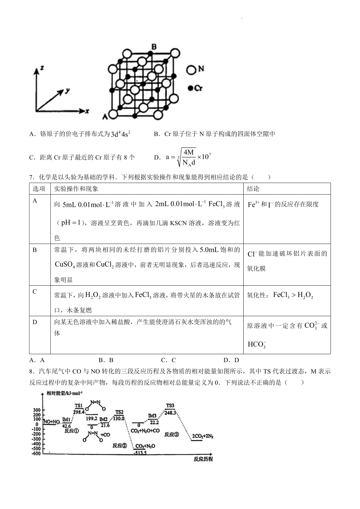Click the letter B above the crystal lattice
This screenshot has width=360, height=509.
pos(154,46)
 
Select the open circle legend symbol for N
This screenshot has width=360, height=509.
pos(191,70)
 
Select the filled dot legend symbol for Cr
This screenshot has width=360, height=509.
pos(190,88)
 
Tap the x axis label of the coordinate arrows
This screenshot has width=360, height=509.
pos(87,111)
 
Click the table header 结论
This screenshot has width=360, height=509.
pos(253,189)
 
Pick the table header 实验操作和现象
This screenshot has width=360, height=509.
pos(76,189)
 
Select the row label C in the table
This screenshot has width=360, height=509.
pos(35,292)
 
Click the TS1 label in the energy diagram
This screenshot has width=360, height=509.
pos(79,406)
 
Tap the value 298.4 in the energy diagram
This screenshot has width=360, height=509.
pos(79,412)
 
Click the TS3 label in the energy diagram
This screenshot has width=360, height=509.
pos(170,406)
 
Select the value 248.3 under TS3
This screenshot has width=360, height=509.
pos(170,412)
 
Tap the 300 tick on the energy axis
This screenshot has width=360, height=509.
pos(37,410)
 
